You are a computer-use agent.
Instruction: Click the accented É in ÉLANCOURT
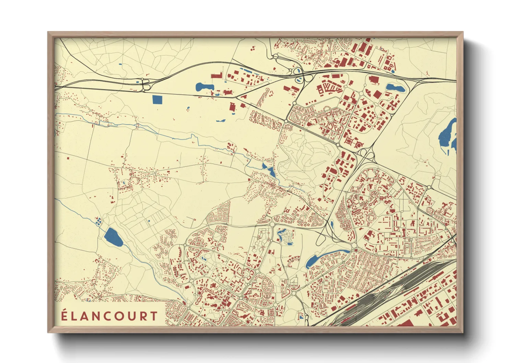tap(64, 315)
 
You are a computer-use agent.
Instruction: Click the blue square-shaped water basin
tap(157, 99)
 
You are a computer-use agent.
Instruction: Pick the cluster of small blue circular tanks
tap(99, 221)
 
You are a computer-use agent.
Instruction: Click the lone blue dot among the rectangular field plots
tap(149, 221)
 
